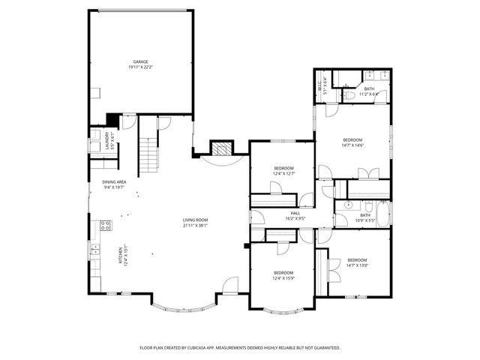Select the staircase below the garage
tap(148, 153)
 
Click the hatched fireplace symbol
tap(220, 147)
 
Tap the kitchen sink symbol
tap(95, 250)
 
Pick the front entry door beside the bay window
tap(230, 284)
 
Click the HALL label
tap(285, 213)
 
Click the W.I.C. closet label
tap(320, 83)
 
